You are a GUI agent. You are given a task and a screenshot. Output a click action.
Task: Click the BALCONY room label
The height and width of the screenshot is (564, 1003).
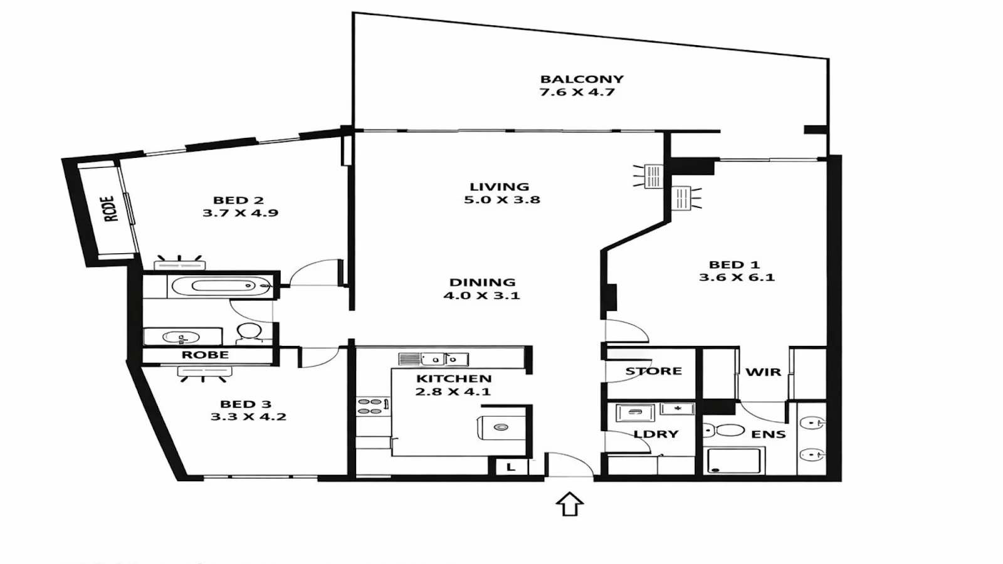click(582, 79)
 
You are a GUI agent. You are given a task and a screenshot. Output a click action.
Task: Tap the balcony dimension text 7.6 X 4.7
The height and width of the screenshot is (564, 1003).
click(577, 92)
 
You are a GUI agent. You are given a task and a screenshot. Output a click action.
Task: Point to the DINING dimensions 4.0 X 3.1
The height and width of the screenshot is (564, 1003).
click(481, 295)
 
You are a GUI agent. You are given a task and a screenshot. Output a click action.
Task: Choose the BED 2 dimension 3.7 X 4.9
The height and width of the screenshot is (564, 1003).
click(241, 212)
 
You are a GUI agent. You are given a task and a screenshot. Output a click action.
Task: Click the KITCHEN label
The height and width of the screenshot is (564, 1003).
click(454, 379)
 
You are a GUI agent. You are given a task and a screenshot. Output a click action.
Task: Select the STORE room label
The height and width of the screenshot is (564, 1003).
click(653, 371)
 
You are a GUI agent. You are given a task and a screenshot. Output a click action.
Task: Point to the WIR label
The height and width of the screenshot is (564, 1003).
click(763, 372)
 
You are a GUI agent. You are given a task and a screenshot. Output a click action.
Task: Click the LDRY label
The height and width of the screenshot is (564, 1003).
click(656, 434)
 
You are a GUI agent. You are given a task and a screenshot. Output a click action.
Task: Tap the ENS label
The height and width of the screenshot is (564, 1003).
click(769, 434)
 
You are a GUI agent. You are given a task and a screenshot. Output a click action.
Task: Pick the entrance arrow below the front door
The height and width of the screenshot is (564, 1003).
click(570, 504)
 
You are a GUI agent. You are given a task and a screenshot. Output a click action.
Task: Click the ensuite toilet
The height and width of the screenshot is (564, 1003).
click(723, 431)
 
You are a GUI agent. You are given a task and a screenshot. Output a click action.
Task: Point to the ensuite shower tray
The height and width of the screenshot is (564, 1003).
click(734, 461)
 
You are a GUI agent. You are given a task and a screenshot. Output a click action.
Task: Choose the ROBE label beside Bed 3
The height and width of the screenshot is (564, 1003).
click(205, 355)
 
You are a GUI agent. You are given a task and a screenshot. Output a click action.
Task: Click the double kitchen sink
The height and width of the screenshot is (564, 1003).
click(444, 359)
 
